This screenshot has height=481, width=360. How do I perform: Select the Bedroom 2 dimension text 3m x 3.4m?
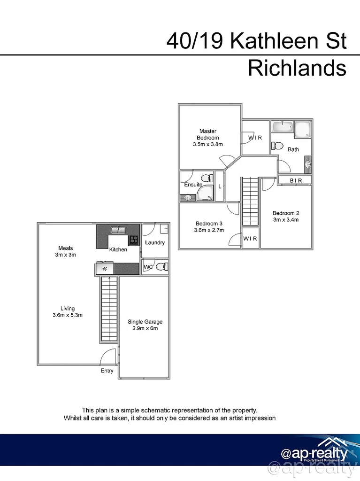[286, 219]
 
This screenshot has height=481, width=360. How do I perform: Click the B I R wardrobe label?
[295, 180]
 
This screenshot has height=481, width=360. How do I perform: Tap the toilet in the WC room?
[161, 267]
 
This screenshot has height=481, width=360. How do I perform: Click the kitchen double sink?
[117, 230]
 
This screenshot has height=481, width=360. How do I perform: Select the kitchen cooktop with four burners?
[134, 240]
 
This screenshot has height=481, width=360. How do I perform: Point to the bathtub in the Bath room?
[283, 127]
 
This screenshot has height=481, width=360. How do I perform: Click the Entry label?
[107, 371]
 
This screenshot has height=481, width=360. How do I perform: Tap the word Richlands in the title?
[297, 69]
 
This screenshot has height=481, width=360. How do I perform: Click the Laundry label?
[154, 242]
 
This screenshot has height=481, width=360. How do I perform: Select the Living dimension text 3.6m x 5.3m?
[68, 315]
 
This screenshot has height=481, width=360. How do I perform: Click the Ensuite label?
[193, 185]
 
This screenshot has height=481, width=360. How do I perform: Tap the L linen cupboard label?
[220, 186]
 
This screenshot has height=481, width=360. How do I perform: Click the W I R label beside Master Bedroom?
[255, 138]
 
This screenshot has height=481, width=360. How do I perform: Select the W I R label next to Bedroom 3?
[250, 239]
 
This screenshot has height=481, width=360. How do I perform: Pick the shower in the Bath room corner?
[303, 130]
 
